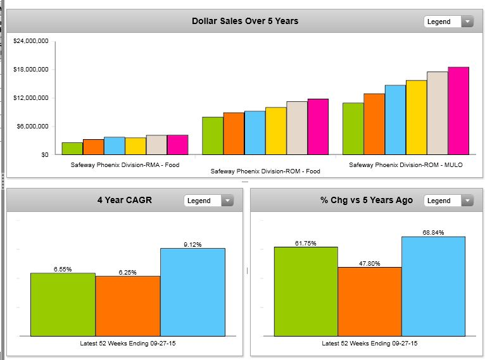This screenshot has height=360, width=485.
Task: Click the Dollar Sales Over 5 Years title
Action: click(245, 21)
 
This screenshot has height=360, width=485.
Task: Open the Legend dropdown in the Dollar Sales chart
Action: click(448, 22)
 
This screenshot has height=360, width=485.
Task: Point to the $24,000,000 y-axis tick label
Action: click(31, 41)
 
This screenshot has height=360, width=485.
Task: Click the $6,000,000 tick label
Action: click(33, 127)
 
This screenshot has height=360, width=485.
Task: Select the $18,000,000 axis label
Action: click(31, 70)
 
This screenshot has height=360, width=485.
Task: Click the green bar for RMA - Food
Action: click(72, 149)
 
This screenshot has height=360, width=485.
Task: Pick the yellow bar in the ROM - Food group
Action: click(275, 131)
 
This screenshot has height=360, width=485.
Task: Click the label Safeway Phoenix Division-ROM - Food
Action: click(265, 171)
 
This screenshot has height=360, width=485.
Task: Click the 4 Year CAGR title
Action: click(124, 201)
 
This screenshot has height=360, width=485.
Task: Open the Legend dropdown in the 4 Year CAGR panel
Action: click(208, 201)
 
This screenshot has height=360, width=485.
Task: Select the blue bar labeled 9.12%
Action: click(192, 292)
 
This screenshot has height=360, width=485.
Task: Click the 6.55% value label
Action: click(63, 269)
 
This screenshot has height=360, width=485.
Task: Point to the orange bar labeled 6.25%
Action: click(128, 306)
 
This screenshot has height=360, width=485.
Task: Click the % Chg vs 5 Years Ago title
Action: click(367, 201)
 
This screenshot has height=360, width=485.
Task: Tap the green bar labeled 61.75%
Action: click(306, 291)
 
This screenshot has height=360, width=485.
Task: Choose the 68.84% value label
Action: click(433, 232)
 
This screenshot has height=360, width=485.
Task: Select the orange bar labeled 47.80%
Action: click(370, 301)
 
